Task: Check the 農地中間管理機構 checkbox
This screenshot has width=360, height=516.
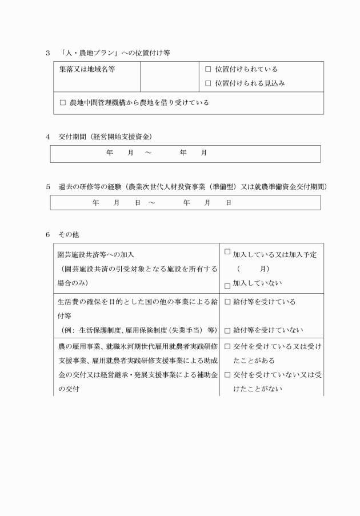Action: pyautogui.click(x=63, y=103)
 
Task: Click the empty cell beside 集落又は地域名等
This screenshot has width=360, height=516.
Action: pyautogui.click(x=169, y=77)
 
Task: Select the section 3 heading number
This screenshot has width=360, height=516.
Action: pyautogui.click(x=48, y=53)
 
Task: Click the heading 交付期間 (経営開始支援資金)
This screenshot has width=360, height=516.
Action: pyautogui.click(x=105, y=137)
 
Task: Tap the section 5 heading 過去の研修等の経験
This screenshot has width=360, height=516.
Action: pyautogui.click(x=91, y=187)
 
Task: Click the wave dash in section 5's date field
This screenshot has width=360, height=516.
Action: pyautogui.click(x=152, y=203)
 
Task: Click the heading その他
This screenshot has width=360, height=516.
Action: pyautogui.click(x=73, y=235)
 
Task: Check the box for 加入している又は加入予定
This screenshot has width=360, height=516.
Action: pyautogui.click(x=227, y=251)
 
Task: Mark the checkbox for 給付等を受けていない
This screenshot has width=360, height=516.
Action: pyautogui.click(x=227, y=330)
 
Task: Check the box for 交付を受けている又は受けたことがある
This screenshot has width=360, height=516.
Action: pyautogui.click(x=227, y=346)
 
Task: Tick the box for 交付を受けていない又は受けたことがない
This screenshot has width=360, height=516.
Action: pyautogui.click(x=227, y=375)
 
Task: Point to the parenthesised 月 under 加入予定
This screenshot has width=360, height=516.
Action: pyautogui.click(x=262, y=269)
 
